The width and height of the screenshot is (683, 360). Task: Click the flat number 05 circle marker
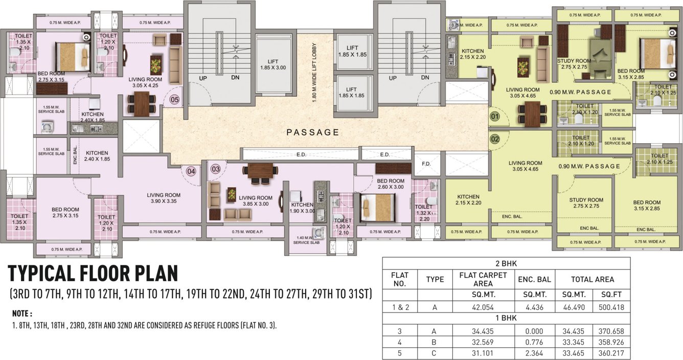click(x=175, y=100)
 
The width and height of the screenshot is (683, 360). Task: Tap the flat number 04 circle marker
click(x=191, y=171)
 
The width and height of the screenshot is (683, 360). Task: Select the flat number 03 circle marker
click(x=215, y=168)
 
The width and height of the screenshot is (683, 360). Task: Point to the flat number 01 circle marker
click(x=494, y=116)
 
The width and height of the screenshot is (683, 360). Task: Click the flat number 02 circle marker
click(x=494, y=139)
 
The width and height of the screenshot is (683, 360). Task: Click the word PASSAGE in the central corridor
click(x=312, y=132)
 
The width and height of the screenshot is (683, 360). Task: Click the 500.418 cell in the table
click(x=611, y=307)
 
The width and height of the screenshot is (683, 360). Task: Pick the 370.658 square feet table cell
click(x=611, y=331)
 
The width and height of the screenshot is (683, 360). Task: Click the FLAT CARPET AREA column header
click(x=483, y=279)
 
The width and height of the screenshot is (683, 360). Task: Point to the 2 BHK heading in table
click(x=506, y=263)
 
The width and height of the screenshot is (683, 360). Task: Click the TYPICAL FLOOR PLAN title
click(x=93, y=274)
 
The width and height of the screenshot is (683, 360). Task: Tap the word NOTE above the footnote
click(x=22, y=313)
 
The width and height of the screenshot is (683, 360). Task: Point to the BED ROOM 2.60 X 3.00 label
click(x=391, y=184)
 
